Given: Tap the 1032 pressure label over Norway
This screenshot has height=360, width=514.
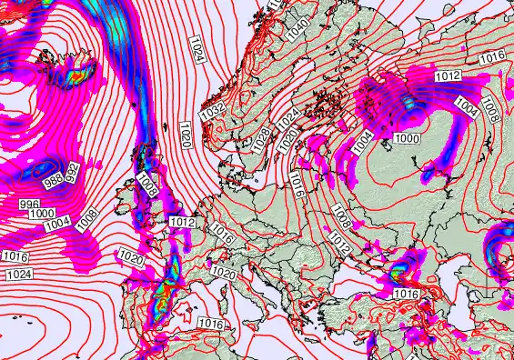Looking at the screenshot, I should tap(213, 111).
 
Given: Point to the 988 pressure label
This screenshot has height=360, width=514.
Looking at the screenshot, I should tap(54, 179).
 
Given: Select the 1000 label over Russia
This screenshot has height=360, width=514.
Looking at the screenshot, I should tap(408, 138).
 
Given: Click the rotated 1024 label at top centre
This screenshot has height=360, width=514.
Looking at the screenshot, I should tap(197, 48).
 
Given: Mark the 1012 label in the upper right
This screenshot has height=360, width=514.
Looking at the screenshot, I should tap(448, 76).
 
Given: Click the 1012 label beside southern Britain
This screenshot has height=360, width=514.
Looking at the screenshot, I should tap(183, 223).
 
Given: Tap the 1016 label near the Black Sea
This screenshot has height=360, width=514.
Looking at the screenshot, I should tap(406, 294).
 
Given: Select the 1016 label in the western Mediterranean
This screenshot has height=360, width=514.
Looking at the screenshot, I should tap(211, 324).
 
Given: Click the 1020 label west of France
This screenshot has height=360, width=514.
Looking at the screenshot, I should tap(132, 260).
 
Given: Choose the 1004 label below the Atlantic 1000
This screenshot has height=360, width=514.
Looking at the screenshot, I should tap(56, 223).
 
